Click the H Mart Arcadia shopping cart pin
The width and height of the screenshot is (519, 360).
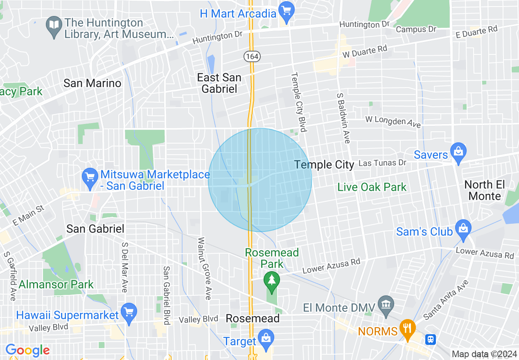(285, 10)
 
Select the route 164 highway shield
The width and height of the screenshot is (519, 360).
(252, 56)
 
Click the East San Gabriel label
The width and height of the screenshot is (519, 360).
(219, 83)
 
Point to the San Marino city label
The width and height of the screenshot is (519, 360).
(92, 83)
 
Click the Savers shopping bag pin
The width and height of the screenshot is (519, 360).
(458, 151)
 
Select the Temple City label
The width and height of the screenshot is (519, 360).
(324, 165)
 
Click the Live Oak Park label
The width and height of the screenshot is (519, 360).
(372, 187)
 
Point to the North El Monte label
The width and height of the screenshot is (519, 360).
(484, 190)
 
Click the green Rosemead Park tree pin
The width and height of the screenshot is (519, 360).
(271, 281)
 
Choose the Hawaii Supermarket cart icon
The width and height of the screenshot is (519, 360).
(129, 312)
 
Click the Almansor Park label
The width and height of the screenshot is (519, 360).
(56, 284)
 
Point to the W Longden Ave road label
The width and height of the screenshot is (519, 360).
(393, 121)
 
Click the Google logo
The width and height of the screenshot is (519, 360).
(27, 351)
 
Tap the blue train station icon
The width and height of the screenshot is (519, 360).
(430, 339)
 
